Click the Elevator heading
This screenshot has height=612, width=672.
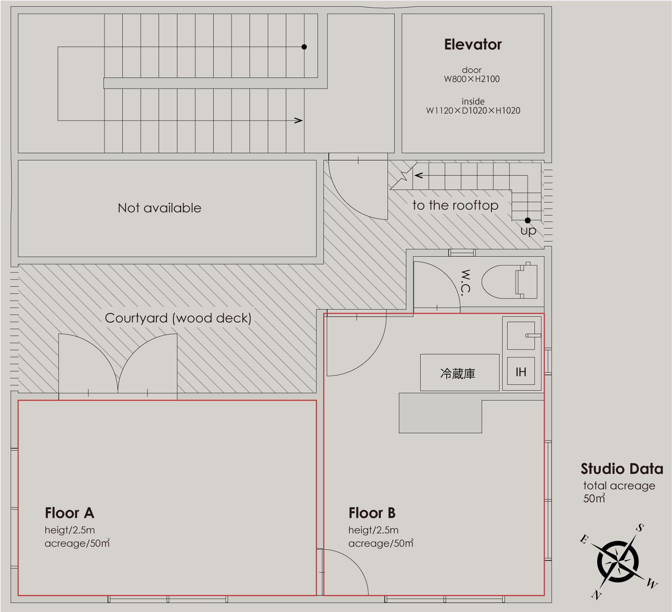473,44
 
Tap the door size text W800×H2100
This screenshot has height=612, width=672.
472,79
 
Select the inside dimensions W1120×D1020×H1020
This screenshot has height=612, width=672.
473,111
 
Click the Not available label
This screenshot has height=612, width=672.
159,208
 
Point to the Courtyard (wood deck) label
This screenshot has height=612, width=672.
178,318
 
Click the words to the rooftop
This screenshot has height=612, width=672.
455,205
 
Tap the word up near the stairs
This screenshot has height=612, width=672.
528,231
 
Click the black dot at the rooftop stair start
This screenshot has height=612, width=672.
528,220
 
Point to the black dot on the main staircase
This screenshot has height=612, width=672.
304,47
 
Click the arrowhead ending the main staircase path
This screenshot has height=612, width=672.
298,121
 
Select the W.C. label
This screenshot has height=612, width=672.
465,283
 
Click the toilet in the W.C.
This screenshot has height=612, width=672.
509,281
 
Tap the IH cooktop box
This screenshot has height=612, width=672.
521,371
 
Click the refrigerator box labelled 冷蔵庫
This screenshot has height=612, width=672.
460,372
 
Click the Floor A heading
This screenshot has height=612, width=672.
70,513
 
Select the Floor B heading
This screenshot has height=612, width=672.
372,513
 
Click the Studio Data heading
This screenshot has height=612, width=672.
622,469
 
